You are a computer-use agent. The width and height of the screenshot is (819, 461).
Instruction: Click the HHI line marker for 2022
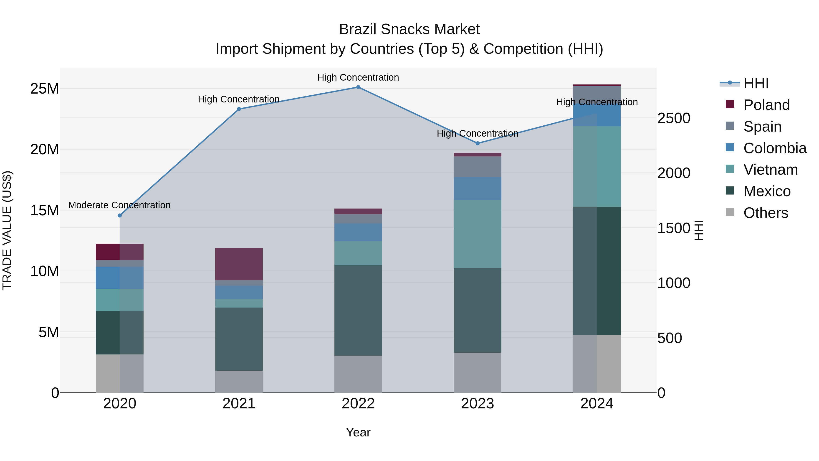click(358, 87)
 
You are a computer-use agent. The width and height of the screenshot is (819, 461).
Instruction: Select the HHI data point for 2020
click(119, 215)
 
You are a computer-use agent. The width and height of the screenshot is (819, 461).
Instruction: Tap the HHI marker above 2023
click(477, 143)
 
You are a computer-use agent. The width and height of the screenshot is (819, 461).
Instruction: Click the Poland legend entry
click(766, 105)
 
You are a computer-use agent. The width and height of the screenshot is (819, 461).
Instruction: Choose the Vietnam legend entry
click(770, 170)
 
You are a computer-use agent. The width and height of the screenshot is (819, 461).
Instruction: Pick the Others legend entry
click(766, 213)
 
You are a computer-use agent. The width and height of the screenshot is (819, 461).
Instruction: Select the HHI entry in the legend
click(756, 83)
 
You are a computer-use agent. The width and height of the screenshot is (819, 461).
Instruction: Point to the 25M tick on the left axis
click(45, 89)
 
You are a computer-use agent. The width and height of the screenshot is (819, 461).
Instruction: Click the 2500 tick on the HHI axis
click(674, 118)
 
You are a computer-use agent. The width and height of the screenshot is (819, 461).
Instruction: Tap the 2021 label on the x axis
click(239, 404)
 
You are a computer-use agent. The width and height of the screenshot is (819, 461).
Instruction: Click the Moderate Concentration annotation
click(119, 205)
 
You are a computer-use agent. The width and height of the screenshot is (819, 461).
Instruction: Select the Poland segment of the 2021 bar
click(239, 264)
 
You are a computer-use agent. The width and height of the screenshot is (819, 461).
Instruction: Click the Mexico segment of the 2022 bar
click(358, 310)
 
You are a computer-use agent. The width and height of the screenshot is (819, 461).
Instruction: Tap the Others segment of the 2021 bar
click(239, 382)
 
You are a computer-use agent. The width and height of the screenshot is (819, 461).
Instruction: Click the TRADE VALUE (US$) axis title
click(7, 230)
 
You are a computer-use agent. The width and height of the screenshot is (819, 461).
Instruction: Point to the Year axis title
click(358, 432)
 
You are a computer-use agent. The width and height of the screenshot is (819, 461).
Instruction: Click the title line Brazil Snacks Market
click(409, 29)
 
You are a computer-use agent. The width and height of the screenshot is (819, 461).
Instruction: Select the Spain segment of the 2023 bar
click(477, 167)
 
